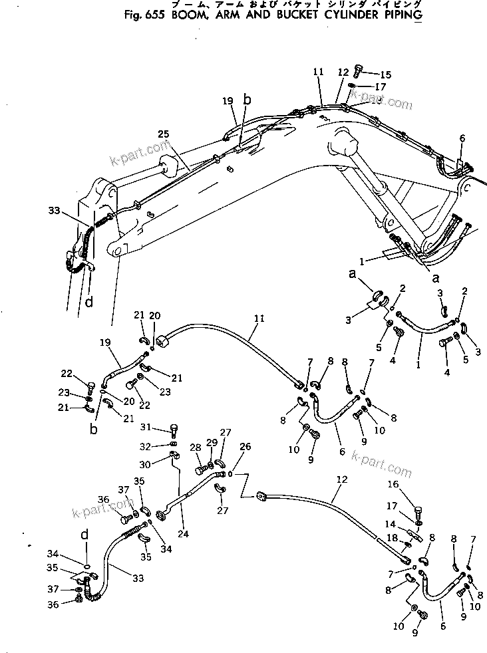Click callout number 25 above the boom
click(164, 134)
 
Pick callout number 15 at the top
click(386, 74)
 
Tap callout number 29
click(211, 443)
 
